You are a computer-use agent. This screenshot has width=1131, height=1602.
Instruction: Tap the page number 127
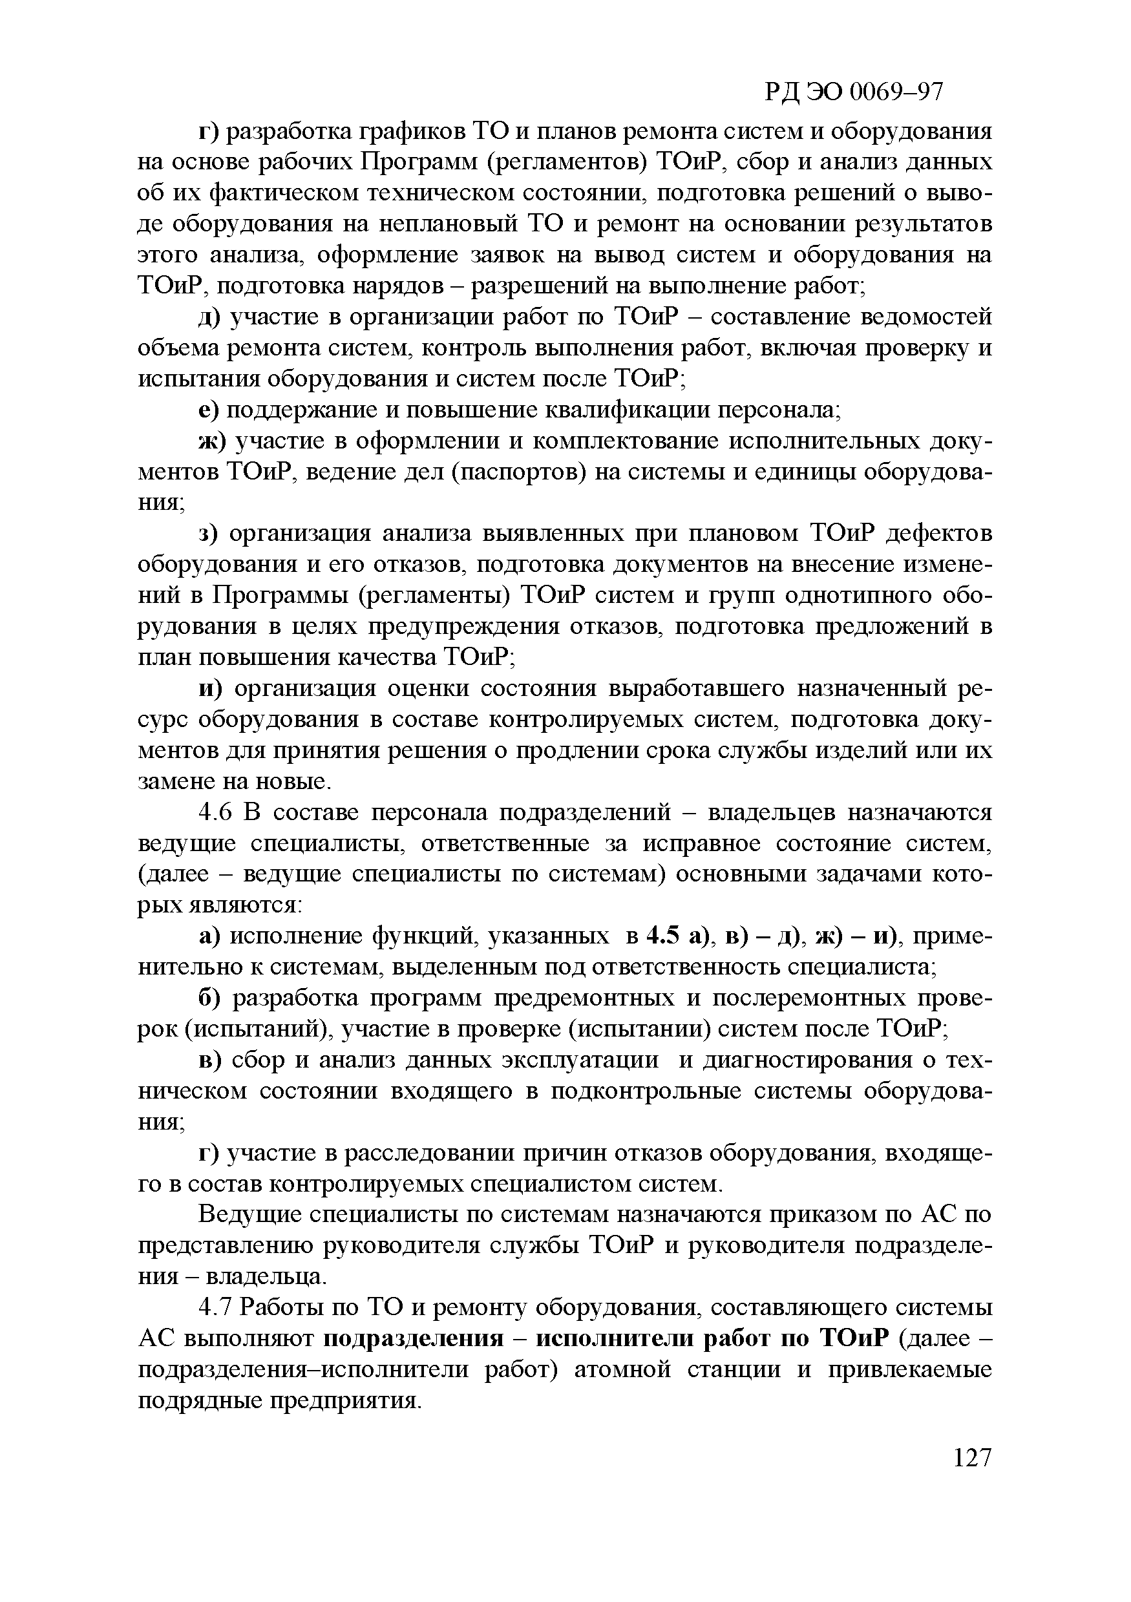(x=971, y=1458)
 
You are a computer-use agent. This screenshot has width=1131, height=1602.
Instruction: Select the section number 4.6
(x=219, y=812)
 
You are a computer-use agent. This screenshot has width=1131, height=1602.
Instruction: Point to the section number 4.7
(x=219, y=1306)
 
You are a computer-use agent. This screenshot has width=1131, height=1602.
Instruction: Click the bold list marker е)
(x=209, y=410)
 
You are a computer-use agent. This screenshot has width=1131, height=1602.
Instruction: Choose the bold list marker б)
(x=209, y=998)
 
